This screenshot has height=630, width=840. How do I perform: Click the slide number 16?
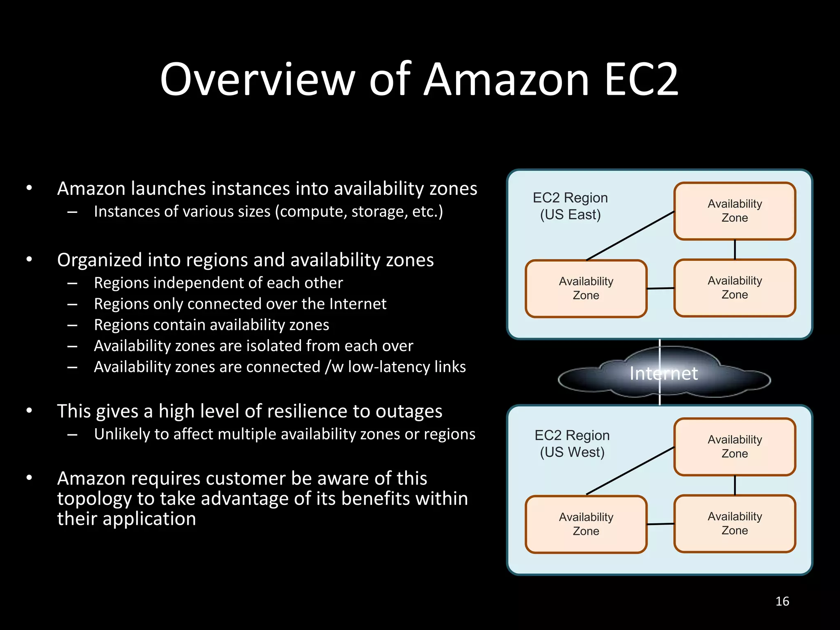(x=782, y=601)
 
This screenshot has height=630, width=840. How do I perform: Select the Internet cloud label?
(x=664, y=373)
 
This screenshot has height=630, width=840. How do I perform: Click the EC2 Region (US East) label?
(x=570, y=206)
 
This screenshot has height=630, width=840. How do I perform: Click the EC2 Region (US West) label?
(x=572, y=443)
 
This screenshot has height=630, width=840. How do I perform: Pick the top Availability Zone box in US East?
(x=735, y=211)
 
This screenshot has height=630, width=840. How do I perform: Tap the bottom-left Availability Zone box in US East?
(x=586, y=288)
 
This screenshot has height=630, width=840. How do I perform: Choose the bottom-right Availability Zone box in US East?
(x=735, y=288)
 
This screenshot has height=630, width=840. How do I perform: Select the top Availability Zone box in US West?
(x=735, y=447)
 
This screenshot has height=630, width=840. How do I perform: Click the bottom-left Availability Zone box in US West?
(x=586, y=524)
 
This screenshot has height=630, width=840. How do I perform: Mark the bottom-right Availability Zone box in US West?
(x=735, y=523)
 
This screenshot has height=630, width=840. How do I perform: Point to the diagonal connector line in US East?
(x=630, y=236)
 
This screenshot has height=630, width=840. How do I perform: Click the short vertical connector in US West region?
(x=735, y=486)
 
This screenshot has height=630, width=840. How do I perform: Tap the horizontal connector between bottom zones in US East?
(x=660, y=288)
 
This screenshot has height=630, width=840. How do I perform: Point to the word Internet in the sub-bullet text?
(x=358, y=304)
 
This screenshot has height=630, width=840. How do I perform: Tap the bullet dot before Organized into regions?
(x=29, y=260)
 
